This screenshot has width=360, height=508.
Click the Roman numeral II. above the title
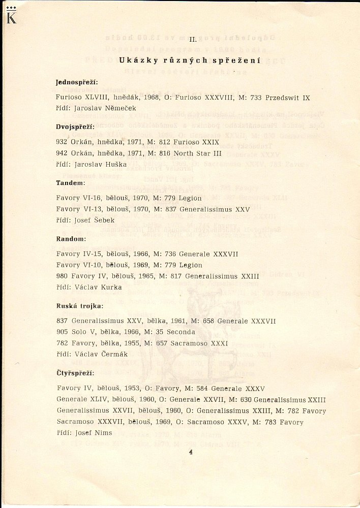click(193, 39)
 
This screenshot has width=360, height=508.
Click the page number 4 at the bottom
click(190, 452)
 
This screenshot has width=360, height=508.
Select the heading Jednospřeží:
click(77, 82)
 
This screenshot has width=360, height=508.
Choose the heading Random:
click(71, 238)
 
